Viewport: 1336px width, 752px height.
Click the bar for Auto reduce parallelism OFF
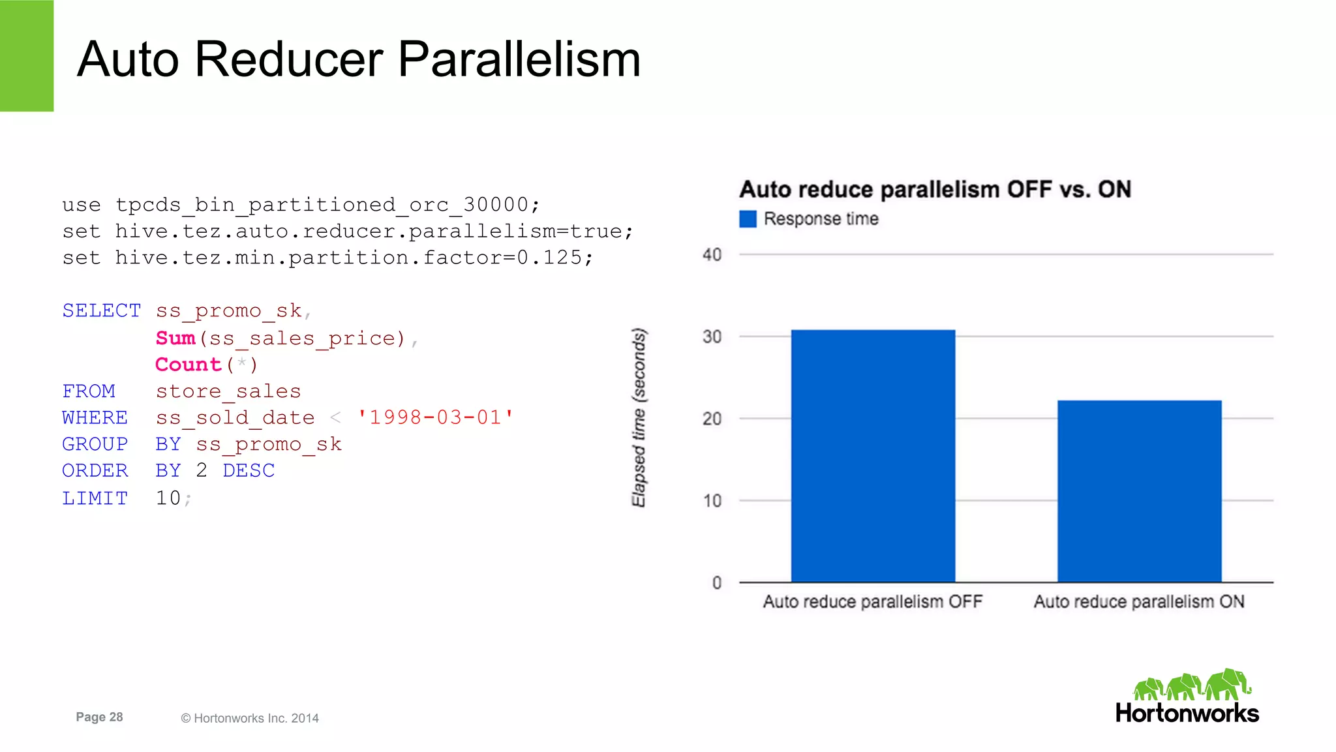tap(873, 456)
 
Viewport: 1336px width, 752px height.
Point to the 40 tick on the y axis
tap(712, 254)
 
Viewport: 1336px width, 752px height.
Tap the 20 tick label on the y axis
tap(712, 419)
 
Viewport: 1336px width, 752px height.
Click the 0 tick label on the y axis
tap(716, 582)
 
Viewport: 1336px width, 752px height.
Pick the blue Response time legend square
tap(748, 219)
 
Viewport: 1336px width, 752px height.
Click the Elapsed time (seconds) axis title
tap(639, 417)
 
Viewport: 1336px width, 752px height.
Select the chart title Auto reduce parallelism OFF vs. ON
tap(935, 189)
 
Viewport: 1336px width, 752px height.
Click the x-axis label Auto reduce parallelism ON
tap(1139, 601)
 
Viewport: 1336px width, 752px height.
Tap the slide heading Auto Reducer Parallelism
tap(359, 59)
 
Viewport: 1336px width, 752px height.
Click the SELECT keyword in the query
tap(101, 310)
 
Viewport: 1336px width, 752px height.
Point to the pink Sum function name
tap(175, 338)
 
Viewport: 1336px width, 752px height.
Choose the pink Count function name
tap(189, 365)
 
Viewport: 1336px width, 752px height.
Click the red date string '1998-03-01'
tap(435, 417)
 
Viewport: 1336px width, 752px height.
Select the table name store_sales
tap(228, 391)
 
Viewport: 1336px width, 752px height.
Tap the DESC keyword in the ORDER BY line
tap(249, 470)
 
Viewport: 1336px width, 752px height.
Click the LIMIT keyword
tap(95, 498)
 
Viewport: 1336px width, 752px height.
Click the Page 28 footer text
tap(99, 717)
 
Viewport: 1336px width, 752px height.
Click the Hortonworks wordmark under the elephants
tap(1187, 713)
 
